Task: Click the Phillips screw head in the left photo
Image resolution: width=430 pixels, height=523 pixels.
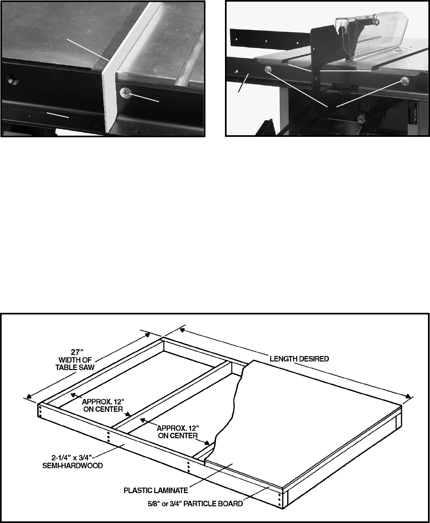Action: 125,94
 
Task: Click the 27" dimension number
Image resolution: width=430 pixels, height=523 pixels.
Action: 77,352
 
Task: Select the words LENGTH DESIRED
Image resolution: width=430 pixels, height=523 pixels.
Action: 299,359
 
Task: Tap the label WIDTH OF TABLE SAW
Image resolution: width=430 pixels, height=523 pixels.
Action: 75,364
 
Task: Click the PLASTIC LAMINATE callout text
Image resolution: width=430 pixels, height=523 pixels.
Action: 156,490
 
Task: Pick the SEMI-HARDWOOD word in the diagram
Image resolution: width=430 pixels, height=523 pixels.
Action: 72,466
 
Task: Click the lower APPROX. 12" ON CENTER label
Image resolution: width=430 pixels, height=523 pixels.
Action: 178,432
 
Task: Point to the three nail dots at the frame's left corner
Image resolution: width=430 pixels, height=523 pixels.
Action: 40,411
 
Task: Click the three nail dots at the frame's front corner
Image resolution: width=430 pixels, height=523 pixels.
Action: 280,499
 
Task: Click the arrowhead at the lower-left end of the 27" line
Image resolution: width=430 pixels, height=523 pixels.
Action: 29,396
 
